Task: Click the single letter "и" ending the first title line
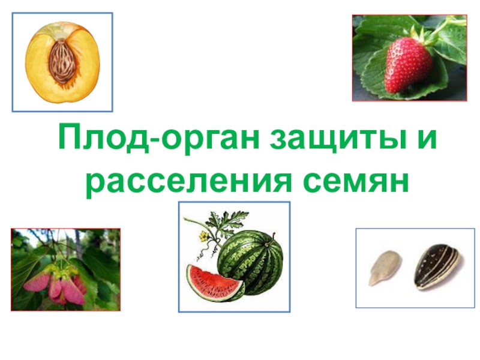click(x=431, y=140)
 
